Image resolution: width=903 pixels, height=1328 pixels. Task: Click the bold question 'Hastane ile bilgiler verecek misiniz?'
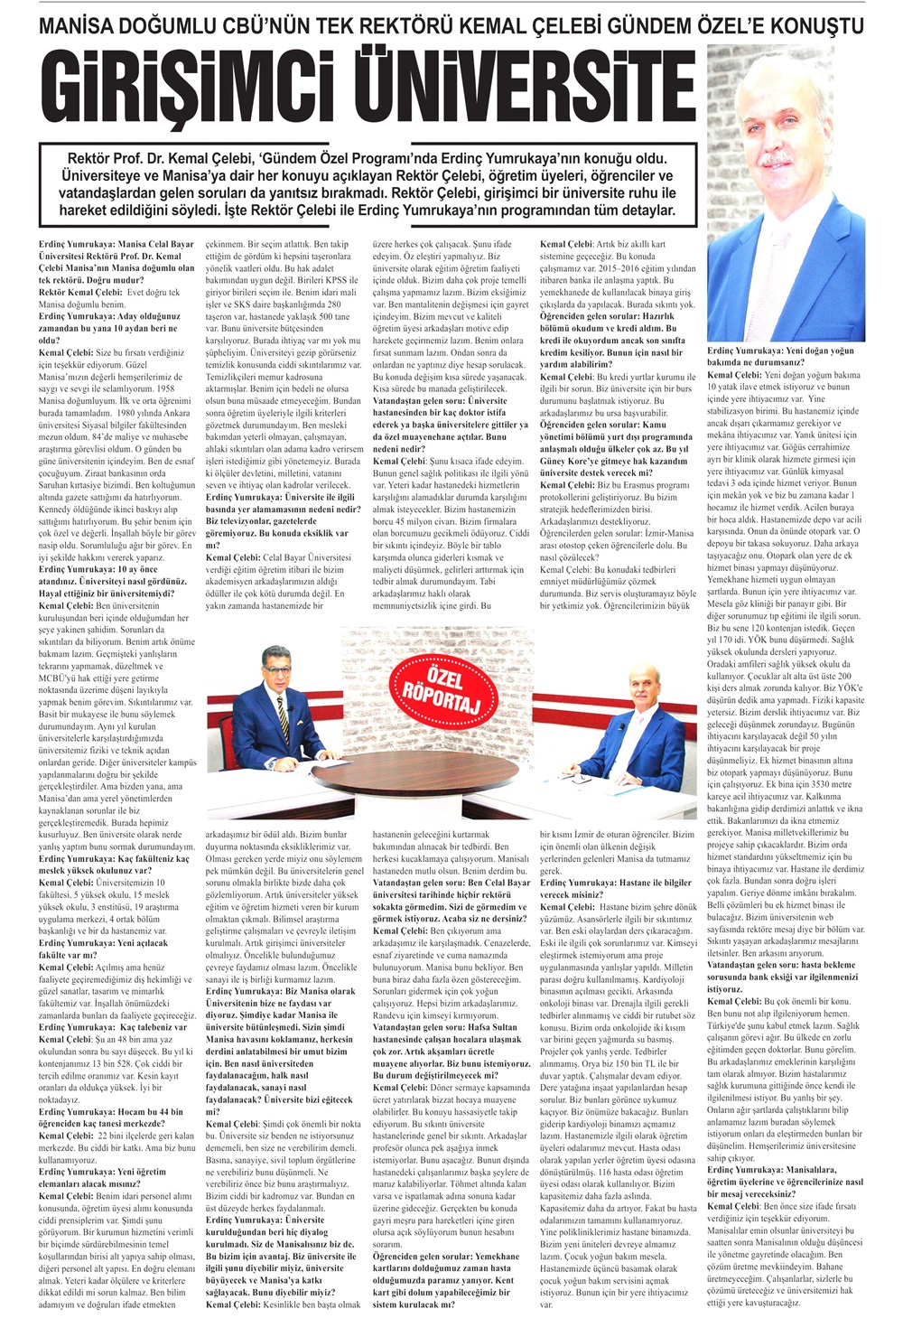tap(616, 888)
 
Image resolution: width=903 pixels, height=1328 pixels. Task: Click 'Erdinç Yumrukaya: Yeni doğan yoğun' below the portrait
tap(780, 351)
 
